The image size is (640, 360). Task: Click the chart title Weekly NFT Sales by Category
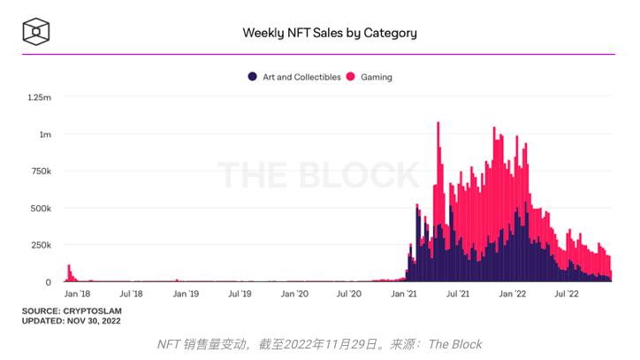(x=330, y=34)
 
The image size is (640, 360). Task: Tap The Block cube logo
(x=35, y=33)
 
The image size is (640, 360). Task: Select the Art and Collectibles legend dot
(x=253, y=77)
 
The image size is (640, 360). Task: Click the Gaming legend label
(x=376, y=77)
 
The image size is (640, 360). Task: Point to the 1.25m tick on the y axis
(x=40, y=97)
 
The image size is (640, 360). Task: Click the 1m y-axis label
(x=44, y=134)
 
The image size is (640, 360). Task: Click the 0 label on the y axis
(x=49, y=282)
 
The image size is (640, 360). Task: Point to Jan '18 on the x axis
(x=77, y=293)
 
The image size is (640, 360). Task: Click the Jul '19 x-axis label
(x=240, y=293)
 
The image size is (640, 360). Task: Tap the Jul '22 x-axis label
(x=567, y=293)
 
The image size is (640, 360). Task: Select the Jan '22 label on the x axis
(x=513, y=293)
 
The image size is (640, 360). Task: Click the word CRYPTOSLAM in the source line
(x=93, y=311)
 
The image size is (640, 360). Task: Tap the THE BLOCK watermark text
(x=318, y=175)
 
